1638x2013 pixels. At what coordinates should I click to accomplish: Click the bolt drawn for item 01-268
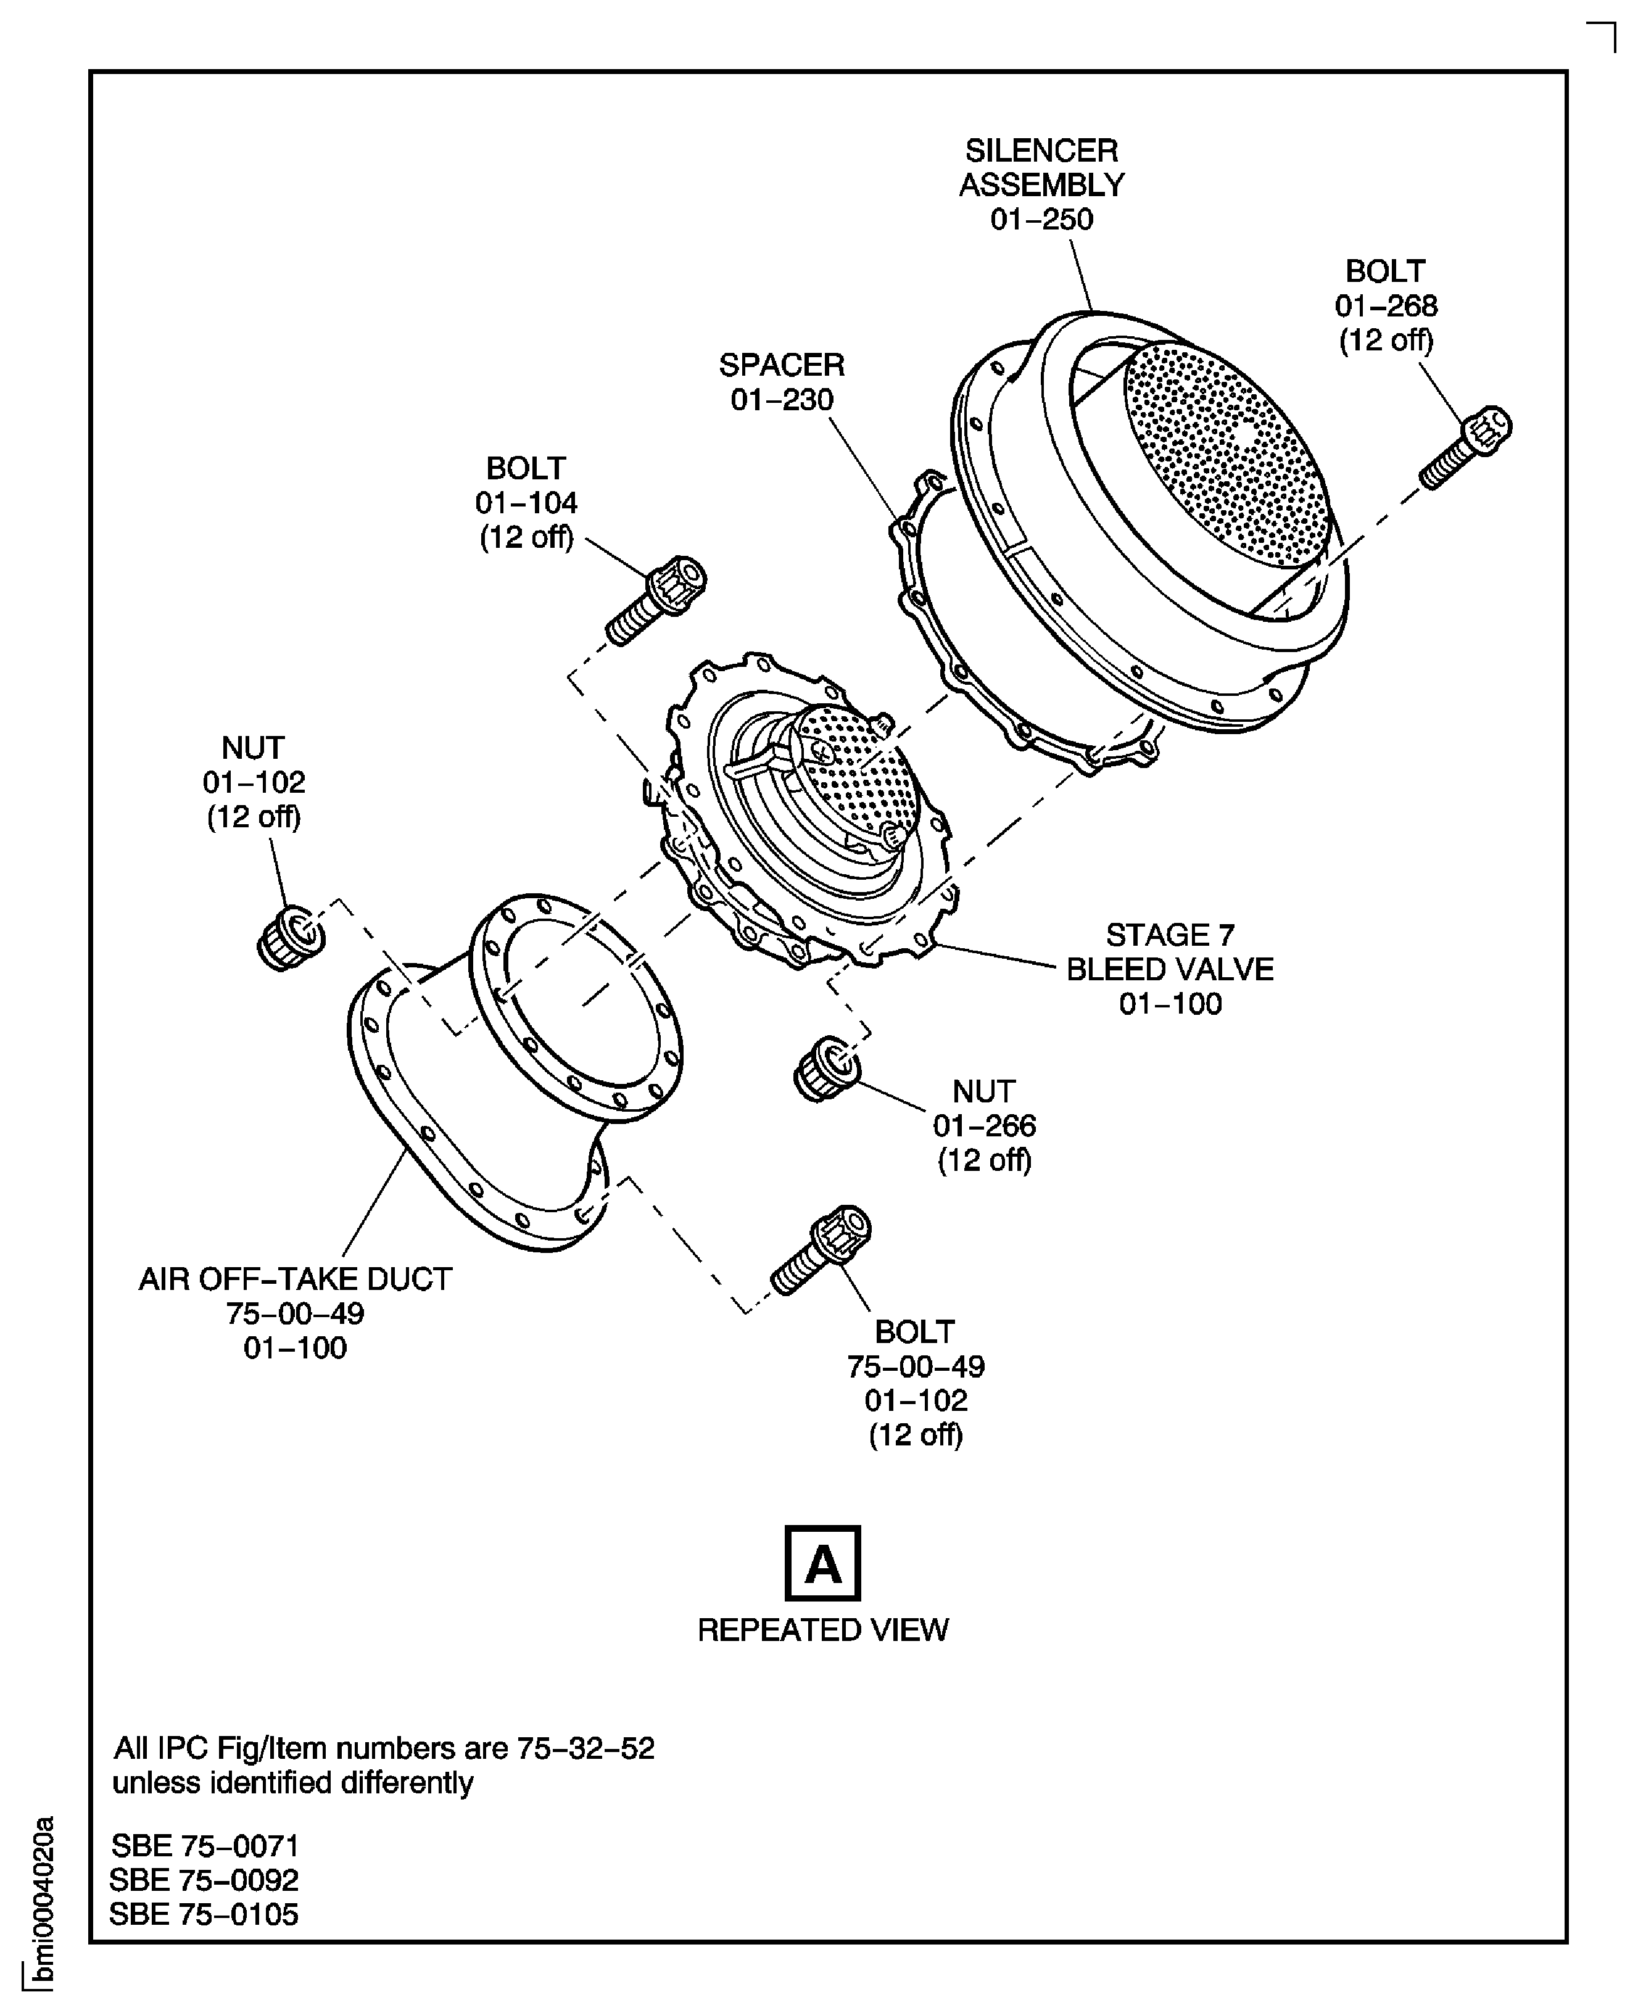coord(1465,447)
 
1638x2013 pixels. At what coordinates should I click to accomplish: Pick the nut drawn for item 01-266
coord(827,1068)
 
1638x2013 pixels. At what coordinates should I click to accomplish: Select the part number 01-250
coord(1041,219)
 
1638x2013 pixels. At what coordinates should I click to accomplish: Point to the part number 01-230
coord(782,399)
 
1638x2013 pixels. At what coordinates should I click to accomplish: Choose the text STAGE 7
coord(1170,934)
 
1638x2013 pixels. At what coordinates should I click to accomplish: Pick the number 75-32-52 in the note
coord(585,1748)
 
